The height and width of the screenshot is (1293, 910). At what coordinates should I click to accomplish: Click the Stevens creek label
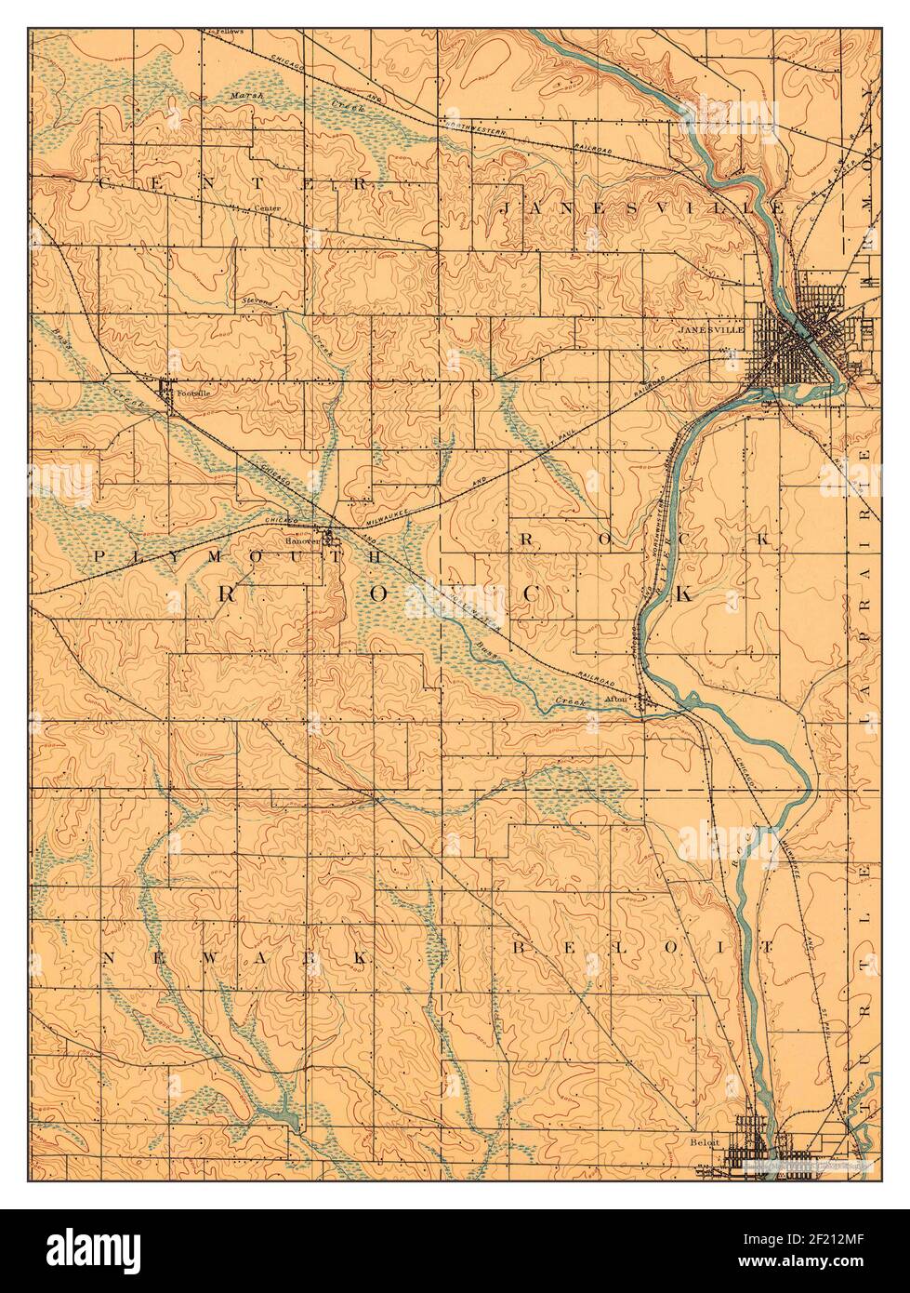(x=257, y=302)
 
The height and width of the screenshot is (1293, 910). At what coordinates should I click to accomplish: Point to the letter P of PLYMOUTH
(x=99, y=555)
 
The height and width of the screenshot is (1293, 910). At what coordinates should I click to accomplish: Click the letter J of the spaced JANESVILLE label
(x=507, y=208)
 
